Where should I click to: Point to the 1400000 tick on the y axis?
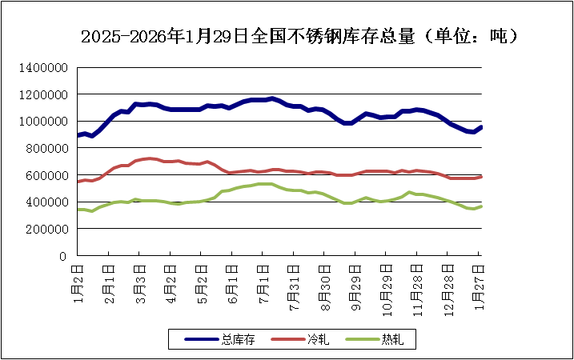tap(44, 67)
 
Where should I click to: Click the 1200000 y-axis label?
tap(44, 94)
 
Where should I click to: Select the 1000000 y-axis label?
tap(44, 122)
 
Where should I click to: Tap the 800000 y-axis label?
tap(47, 148)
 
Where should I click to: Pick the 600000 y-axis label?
tap(47, 175)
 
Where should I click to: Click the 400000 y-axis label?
tap(47, 202)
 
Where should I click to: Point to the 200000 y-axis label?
tap(47, 229)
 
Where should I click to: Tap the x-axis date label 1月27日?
tap(480, 279)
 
